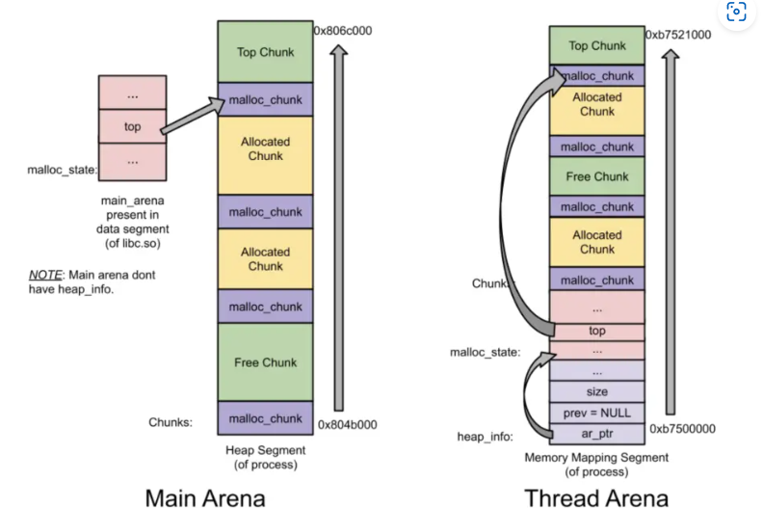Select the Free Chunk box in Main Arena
point(265,362)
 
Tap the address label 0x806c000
point(343,31)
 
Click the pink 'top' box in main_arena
point(133,125)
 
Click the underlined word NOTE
point(45,275)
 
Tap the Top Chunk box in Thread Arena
point(597,45)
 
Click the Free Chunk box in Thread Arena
point(597,176)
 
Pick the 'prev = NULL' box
point(597,414)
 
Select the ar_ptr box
point(597,435)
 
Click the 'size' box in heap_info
point(597,392)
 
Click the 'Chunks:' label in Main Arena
point(171,421)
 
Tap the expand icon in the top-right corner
point(737,12)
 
